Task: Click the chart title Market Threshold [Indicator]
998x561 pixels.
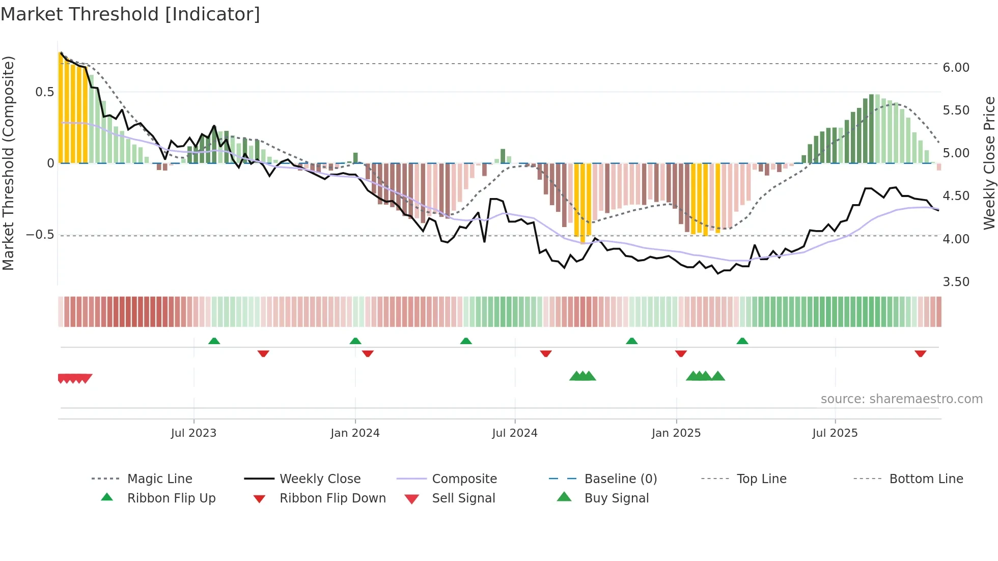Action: tap(130, 14)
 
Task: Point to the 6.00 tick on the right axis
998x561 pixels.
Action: tap(956, 68)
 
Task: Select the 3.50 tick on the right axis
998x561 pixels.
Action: tap(956, 282)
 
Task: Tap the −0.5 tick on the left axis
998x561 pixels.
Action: tap(40, 235)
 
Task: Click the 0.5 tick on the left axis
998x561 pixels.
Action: tap(44, 92)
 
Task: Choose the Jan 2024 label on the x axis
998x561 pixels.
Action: tap(355, 433)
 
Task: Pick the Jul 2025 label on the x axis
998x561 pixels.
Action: tap(835, 433)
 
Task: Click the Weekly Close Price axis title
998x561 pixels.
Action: tap(989, 163)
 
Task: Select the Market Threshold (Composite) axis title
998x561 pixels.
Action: tap(8, 163)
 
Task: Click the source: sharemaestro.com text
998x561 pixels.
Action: tap(901, 399)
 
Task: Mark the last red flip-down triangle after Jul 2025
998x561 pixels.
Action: tap(920, 353)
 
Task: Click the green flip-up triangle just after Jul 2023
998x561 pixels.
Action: tap(214, 341)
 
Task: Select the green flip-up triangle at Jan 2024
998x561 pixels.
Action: tap(355, 341)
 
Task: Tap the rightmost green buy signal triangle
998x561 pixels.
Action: tap(718, 376)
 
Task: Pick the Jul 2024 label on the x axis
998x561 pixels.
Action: tap(514, 433)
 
